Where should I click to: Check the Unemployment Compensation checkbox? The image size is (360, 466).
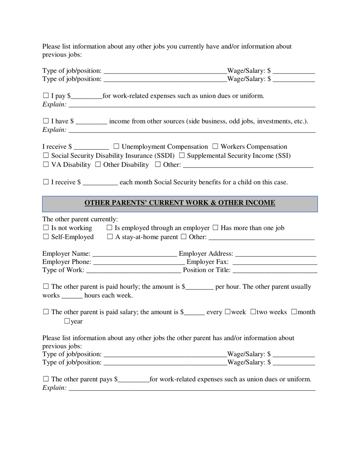(116, 147)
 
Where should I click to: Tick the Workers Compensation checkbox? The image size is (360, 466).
(215, 147)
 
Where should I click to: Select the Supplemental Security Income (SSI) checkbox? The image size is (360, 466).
(182, 156)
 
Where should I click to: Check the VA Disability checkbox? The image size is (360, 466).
(46, 165)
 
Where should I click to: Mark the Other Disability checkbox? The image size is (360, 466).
(98, 165)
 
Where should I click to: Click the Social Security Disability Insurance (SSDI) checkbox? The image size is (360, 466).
(46, 156)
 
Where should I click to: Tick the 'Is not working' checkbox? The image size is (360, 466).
(46, 228)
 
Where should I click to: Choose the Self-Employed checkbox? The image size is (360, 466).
(46, 237)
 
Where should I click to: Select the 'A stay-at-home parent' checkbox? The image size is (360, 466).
(110, 237)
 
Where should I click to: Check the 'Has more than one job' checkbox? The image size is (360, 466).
(215, 228)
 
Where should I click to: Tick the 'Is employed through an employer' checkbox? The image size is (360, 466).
(110, 228)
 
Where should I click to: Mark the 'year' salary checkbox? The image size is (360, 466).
(67, 322)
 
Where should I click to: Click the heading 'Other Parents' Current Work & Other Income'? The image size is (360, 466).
(180, 203)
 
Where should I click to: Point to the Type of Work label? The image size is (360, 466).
(63, 270)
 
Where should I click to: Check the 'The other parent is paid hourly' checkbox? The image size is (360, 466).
(46, 287)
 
